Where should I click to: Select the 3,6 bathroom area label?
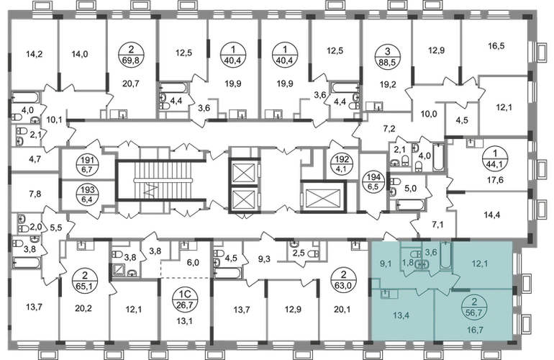431,251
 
